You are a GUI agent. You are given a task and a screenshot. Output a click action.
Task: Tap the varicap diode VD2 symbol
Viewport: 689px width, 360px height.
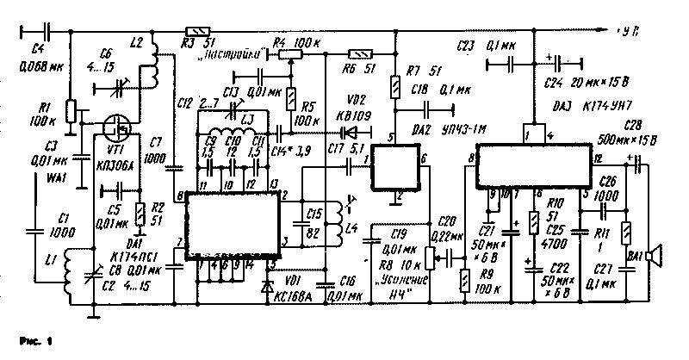(x=345, y=133)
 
